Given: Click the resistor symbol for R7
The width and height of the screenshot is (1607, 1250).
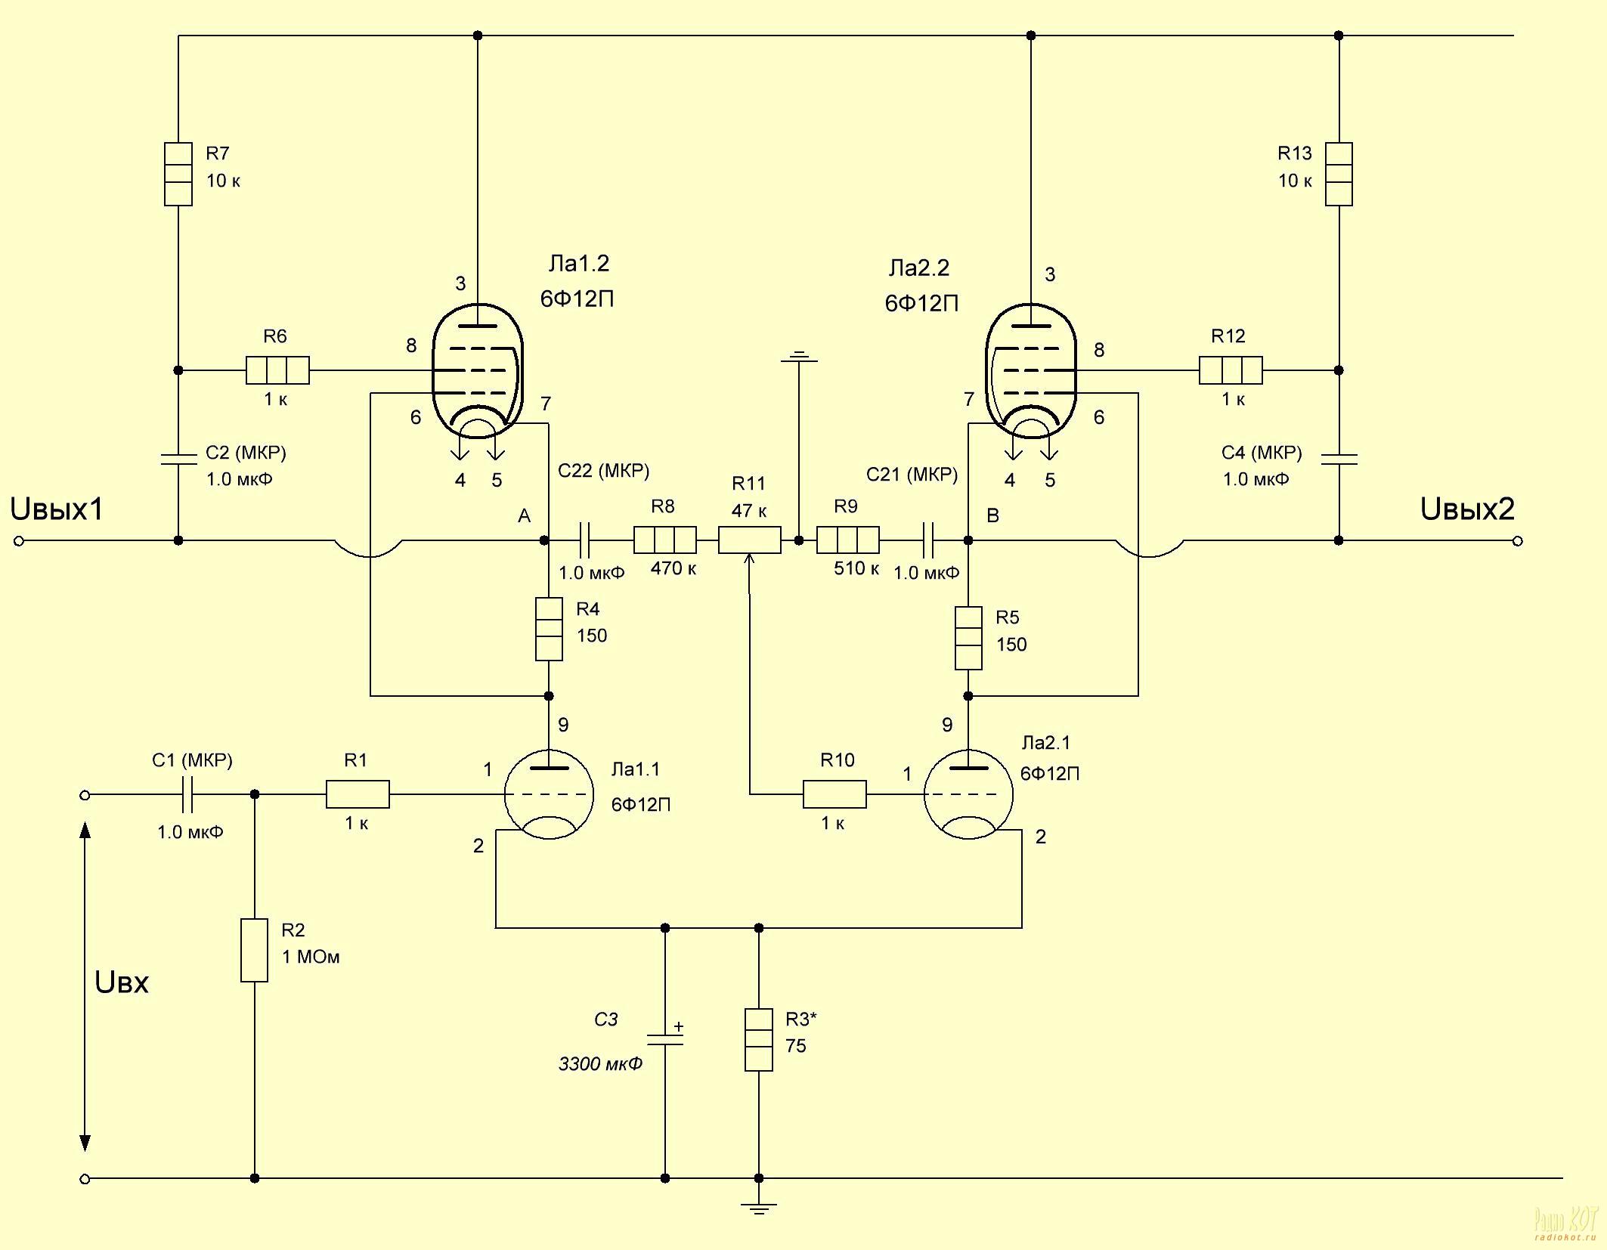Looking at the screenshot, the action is coord(178,174).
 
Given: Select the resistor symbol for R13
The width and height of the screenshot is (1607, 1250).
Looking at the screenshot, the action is coord(1338,174).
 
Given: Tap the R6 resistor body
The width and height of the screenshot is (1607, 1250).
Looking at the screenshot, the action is coord(277,370).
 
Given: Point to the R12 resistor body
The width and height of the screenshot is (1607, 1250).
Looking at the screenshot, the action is coord(1231,370).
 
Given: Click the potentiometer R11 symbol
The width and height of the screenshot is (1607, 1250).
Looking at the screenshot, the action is coord(749,540).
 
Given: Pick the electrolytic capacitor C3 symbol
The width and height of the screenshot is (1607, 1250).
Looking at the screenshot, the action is coord(665,1040).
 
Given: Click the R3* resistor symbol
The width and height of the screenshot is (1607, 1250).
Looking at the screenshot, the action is coord(759,1040).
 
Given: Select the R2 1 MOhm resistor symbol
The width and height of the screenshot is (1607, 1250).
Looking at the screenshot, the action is coord(255,950).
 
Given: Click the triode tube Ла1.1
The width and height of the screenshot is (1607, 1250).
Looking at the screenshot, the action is coord(549,794).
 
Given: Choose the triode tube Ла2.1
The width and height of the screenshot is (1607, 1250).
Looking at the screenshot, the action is coord(968,794).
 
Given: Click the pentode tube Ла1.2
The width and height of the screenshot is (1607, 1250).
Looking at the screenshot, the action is coord(477,371).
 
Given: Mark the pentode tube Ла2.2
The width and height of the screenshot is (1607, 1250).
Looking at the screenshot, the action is coord(1031,371).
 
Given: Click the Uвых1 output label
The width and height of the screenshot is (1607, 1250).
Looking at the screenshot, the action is coord(57,509).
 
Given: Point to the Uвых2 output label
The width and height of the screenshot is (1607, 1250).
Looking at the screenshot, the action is coord(1467,509).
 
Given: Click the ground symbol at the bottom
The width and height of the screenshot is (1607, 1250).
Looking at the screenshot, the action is coord(759,1206).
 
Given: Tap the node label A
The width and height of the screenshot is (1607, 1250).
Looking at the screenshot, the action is coord(524,516).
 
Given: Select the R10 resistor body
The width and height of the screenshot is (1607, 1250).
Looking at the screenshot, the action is coord(834,794).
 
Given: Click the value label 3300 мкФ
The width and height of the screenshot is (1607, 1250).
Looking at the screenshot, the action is coord(600,1064).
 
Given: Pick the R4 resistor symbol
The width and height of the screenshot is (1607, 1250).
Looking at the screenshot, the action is coord(549,629).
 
